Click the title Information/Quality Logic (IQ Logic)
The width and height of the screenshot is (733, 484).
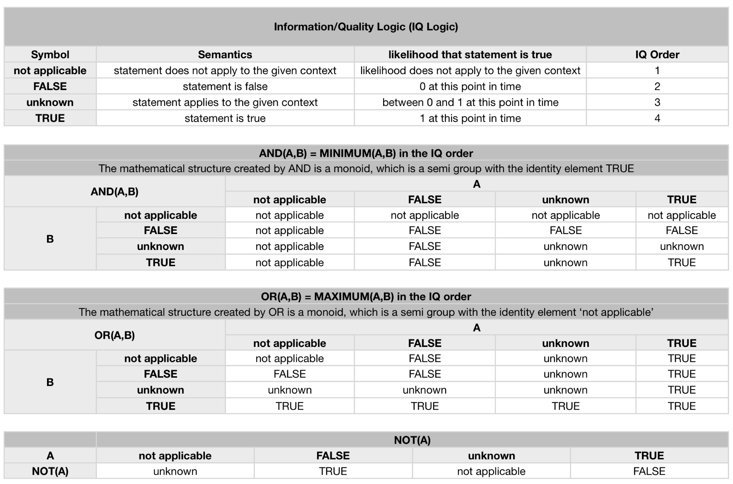point(366,27)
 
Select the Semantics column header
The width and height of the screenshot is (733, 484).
point(225,55)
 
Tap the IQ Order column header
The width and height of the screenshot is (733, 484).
point(657,55)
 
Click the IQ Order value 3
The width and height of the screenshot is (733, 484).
point(657,102)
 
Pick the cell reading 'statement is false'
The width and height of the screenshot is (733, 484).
point(225,86)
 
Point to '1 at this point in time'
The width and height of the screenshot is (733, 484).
point(470,118)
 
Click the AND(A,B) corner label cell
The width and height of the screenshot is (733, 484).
point(114,192)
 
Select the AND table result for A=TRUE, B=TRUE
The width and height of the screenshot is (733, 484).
point(681,262)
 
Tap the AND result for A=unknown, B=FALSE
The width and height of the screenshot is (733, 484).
point(565,230)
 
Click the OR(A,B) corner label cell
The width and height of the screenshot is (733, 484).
point(114,335)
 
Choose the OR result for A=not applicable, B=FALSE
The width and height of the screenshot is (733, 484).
point(289,374)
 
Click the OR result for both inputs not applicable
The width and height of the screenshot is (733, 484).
point(289,358)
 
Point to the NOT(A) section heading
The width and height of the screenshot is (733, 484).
point(412,440)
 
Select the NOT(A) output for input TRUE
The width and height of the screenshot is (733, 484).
point(649,471)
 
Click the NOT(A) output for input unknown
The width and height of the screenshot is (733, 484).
point(491,471)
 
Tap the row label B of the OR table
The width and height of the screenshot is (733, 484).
point(50,382)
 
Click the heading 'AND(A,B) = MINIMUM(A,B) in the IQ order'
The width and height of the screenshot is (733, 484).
point(366,154)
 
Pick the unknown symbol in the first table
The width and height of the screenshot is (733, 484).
point(50,102)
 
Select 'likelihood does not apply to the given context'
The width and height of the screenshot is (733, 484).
point(470,71)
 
